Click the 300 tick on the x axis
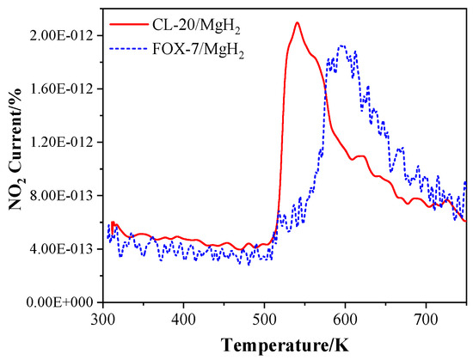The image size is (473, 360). click(102, 320)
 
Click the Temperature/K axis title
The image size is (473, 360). click(285, 346)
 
